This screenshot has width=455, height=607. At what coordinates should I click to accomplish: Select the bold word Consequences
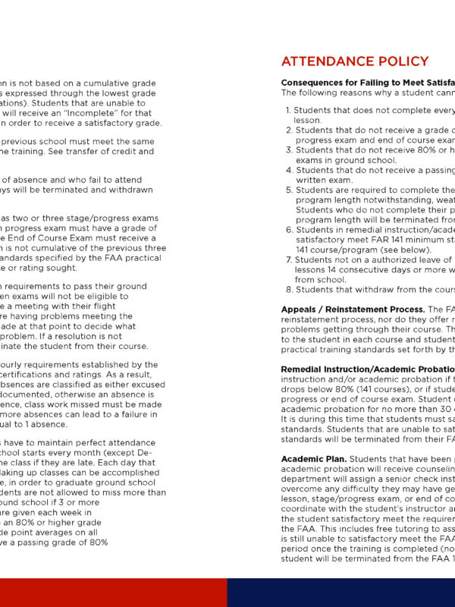pos(315,82)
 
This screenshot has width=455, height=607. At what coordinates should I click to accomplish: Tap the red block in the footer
pos(114,593)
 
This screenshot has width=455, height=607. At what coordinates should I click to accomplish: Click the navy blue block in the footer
pos(341,593)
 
